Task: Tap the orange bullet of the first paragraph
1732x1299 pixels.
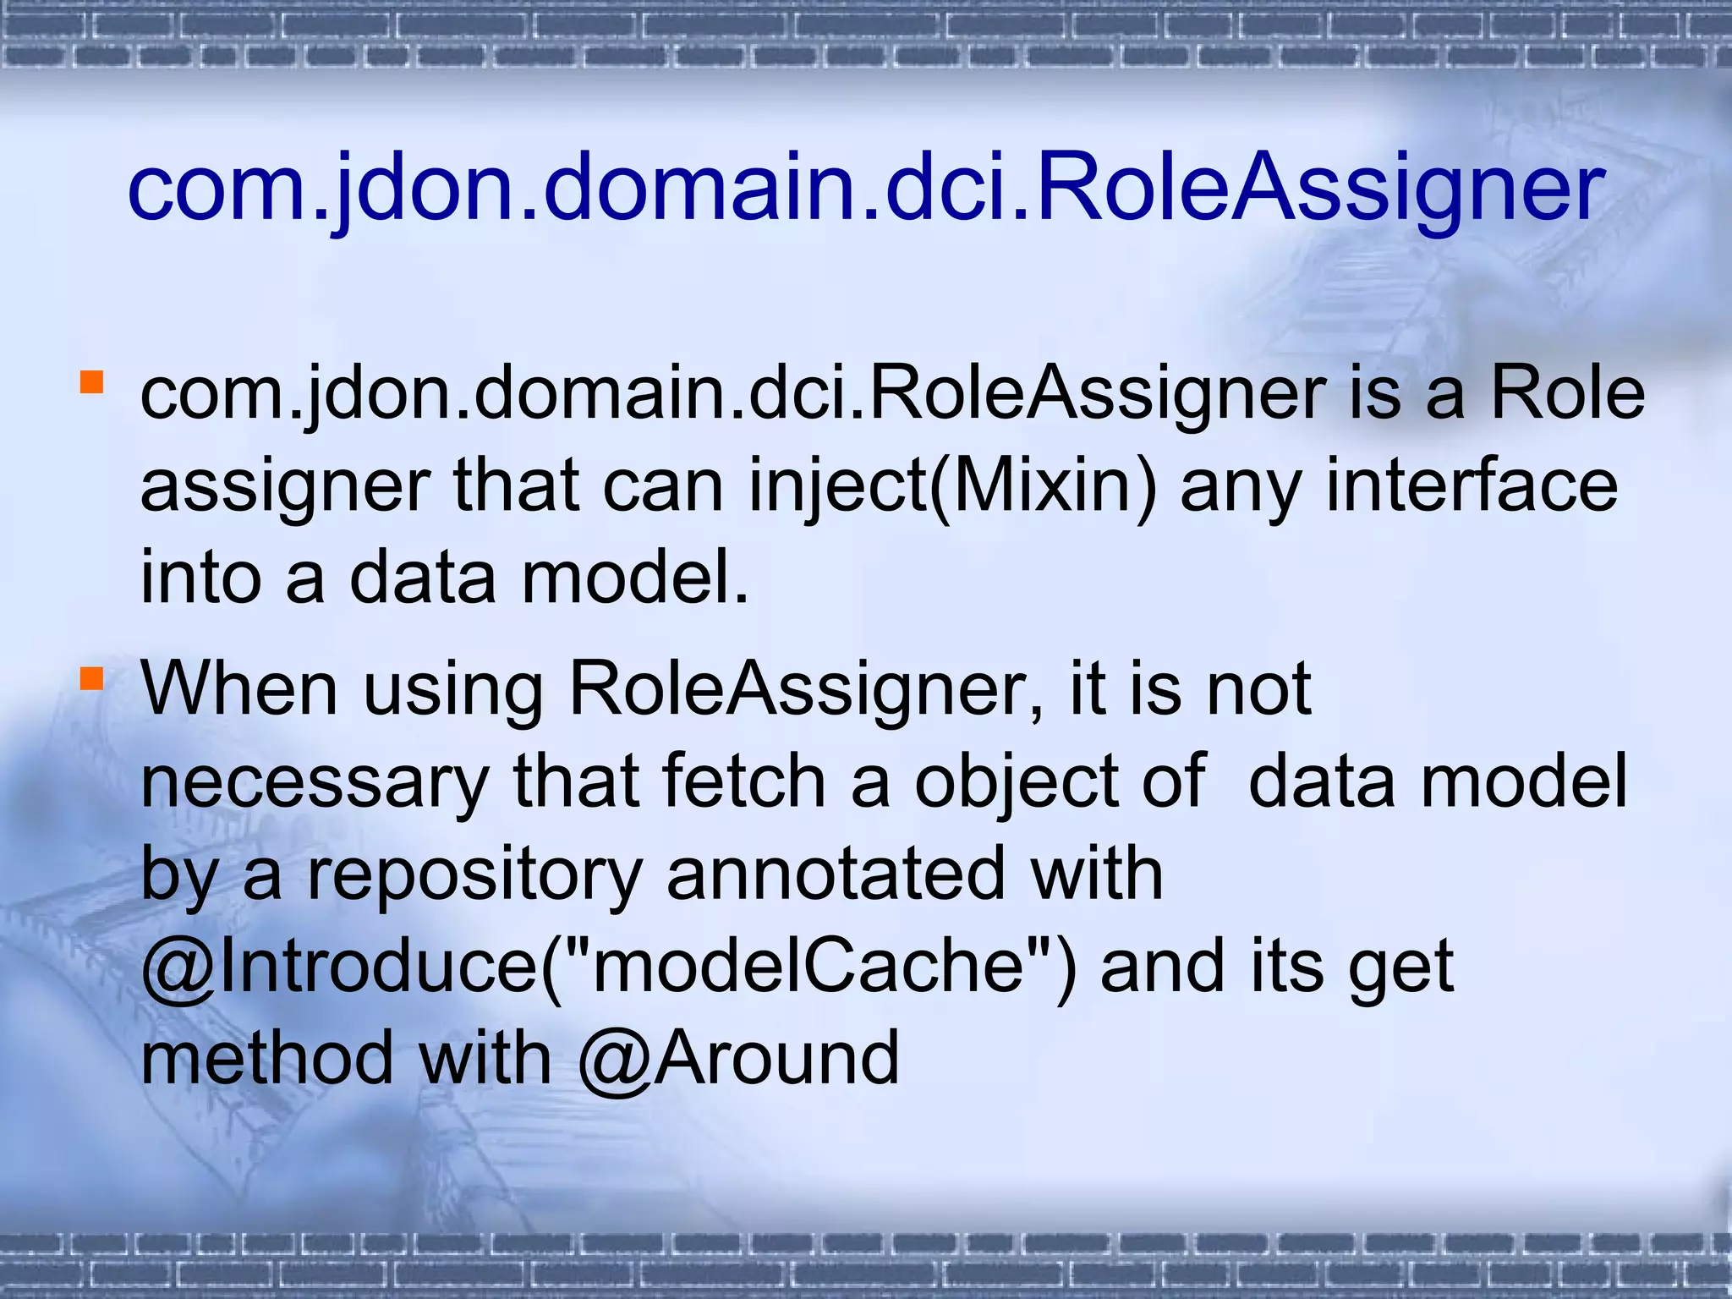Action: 91,382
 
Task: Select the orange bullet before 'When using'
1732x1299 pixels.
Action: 91,678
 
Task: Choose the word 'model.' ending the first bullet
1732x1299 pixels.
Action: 635,578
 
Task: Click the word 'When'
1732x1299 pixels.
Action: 240,688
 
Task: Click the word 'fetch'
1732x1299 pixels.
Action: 744,781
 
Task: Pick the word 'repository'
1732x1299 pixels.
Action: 474,876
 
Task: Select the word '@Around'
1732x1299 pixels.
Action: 739,1059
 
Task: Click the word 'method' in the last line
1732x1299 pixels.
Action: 267,1059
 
